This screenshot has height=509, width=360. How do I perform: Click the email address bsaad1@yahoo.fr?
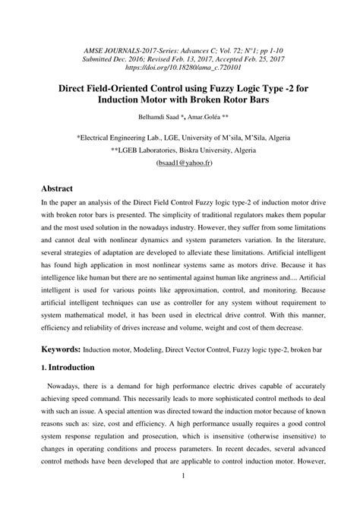point(180,163)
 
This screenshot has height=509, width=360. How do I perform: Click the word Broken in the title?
point(243,100)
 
